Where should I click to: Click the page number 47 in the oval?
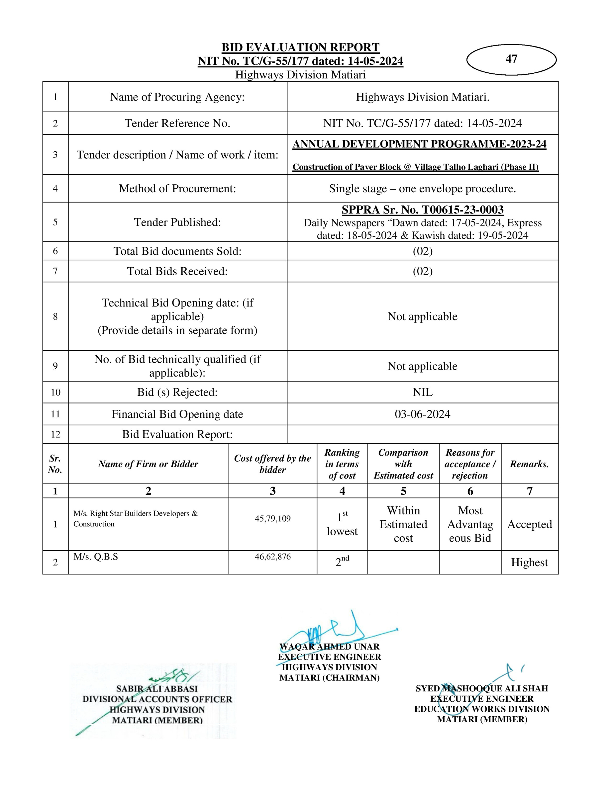(511, 59)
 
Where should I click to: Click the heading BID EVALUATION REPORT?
(300, 47)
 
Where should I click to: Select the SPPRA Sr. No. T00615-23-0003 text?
(422, 210)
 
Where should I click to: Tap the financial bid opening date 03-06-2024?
(422, 414)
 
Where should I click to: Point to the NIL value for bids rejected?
(422, 392)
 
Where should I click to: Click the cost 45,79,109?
(272, 519)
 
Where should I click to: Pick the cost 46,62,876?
(272, 557)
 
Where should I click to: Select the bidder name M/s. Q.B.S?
(96, 557)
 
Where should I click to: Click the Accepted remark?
(529, 524)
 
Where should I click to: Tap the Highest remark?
(529, 563)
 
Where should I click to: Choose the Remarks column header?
(529, 464)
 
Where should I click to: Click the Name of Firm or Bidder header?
(148, 464)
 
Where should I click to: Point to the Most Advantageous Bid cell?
(470, 524)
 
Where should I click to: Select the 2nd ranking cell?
(342, 562)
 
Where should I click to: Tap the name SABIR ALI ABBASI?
(157, 689)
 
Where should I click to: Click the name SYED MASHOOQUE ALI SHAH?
(482, 689)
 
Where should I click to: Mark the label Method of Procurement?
(177, 189)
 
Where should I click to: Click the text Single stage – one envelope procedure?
(422, 189)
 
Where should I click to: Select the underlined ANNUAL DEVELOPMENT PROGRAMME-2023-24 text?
(419, 144)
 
